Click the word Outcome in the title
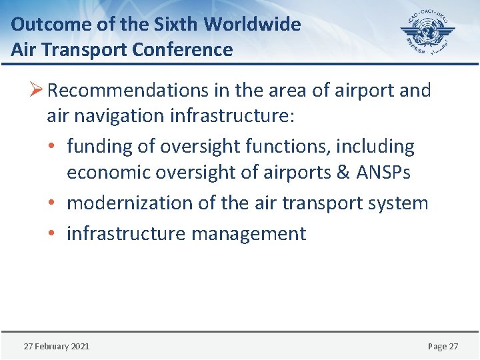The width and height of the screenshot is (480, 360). (x=41, y=25)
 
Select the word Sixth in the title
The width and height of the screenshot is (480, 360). (x=177, y=25)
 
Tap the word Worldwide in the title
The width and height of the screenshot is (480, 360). (x=253, y=25)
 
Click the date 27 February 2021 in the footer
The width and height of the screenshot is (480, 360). (x=57, y=346)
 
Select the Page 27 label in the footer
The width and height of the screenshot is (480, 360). (x=443, y=346)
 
